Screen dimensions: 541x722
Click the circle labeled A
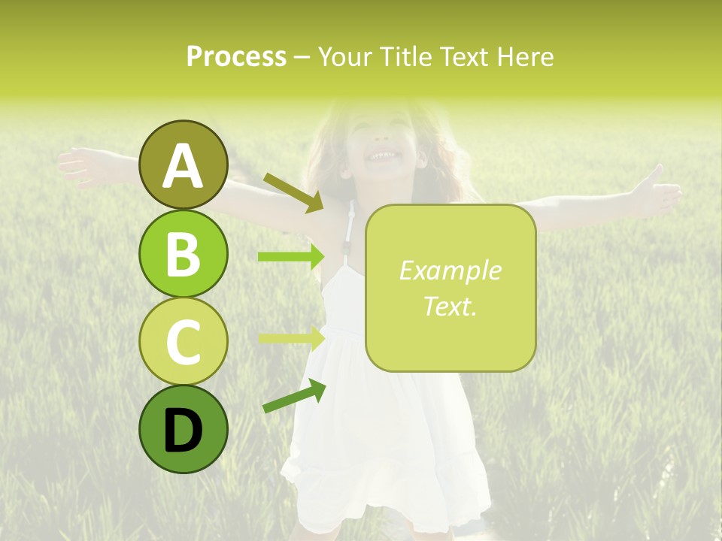pyautogui.click(x=183, y=165)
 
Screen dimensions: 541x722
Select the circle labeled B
pyautogui.click(x=183, y=253)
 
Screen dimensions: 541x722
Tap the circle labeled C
pyautogui.click(x=183, y=341)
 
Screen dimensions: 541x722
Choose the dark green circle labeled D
pyautogui.click(x=183, y=429)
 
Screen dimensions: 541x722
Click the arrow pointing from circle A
pyautogui.click(x=293, y=192)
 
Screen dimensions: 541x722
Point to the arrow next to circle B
pyautogui.click(x=291, y=257)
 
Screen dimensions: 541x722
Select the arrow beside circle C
pyautogui.click(x=291, y=337)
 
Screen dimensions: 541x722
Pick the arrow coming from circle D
pyautogui.click(x=294, y=396)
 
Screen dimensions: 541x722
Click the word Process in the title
pyautogui.click(x=236, y=57)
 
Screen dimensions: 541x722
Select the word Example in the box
pyautogui.click(x=450, y=270)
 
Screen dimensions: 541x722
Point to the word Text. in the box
pyautogui.click(x=450, y=306)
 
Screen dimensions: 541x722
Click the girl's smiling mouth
pyautogui.click(x=381, y=156)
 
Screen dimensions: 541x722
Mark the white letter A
pyautogui.click(x=183, y=166)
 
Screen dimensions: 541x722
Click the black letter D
pyautogui.click(x=183, y=431)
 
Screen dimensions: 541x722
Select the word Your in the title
pyautogui.click(x=345, y=57)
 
